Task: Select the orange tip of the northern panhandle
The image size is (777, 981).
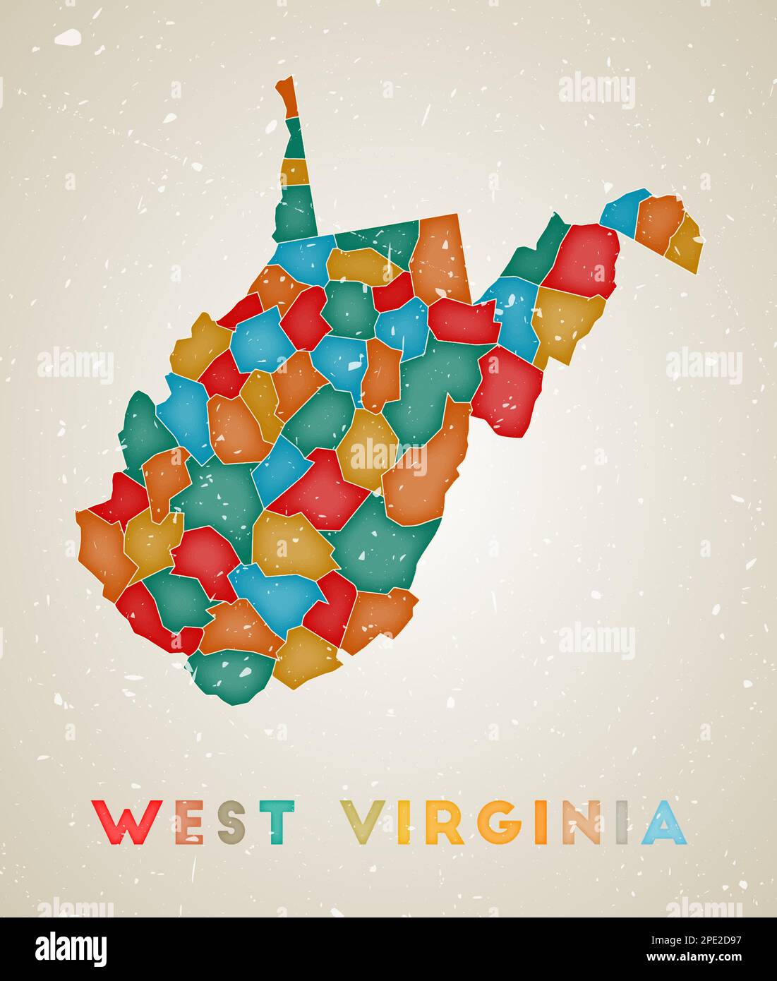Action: tap(288, 97)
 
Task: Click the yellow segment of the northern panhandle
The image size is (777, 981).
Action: tap(294, 171)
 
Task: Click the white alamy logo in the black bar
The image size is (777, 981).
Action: tap(72, 947)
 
